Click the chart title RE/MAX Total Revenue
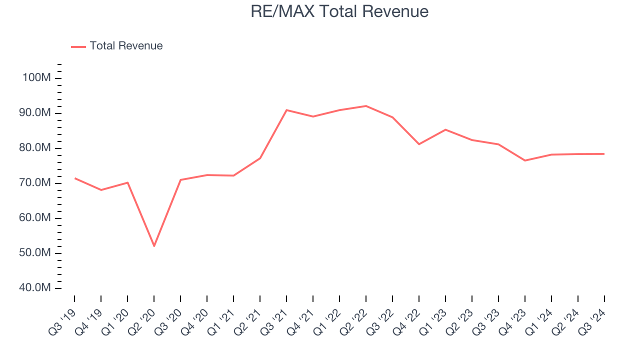pyautogui.click(x=339, y=11)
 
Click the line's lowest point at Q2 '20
pyautogui.click(x=154, y=246)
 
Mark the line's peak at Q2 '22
pyautogui.click(x=366, y=106)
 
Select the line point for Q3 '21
pyautogui.click(x=286, y=110)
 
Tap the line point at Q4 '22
pyautogui.click(x=419, y=144)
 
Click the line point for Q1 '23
pyautogui.click(x=445, y=129)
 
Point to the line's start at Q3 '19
pyautogui.click(x=75, y=178)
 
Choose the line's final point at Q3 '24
pyautogui.click(x=604, y=154)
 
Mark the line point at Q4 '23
pyautogui.click(x=525, y=160)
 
